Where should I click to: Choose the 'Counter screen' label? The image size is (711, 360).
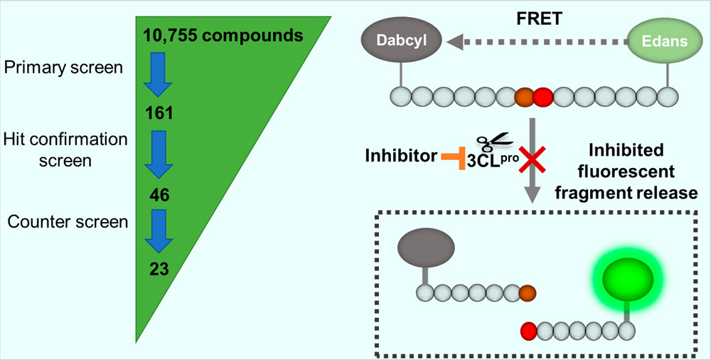tap(68, 221)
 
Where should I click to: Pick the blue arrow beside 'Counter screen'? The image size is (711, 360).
tap(158, 230)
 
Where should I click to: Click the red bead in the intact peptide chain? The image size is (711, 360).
tap(543, 96)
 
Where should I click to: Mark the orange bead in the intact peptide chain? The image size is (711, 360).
tap(524, 96)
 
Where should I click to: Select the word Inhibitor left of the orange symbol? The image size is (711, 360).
tap(400, 156)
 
